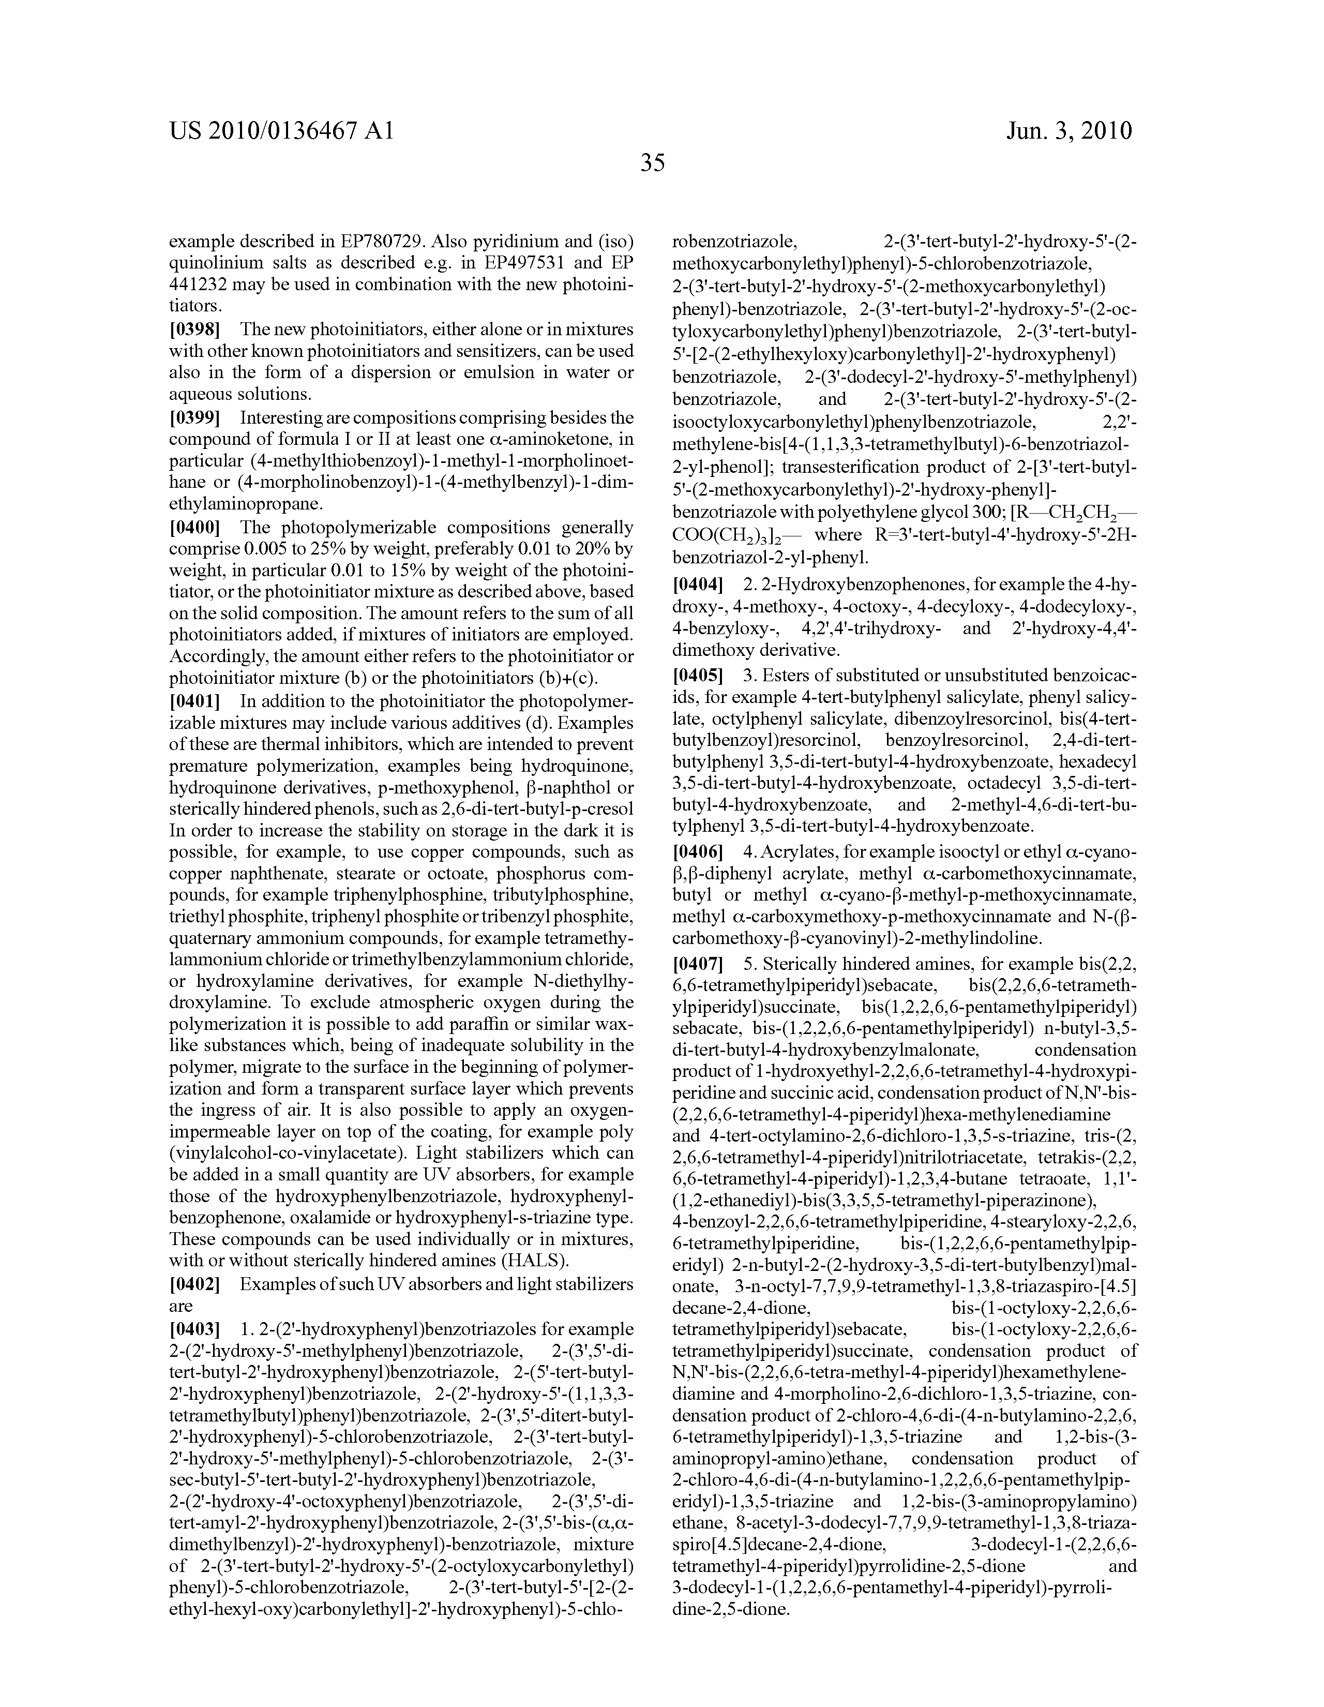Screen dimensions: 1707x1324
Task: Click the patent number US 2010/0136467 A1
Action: click(x=281, y=130)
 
